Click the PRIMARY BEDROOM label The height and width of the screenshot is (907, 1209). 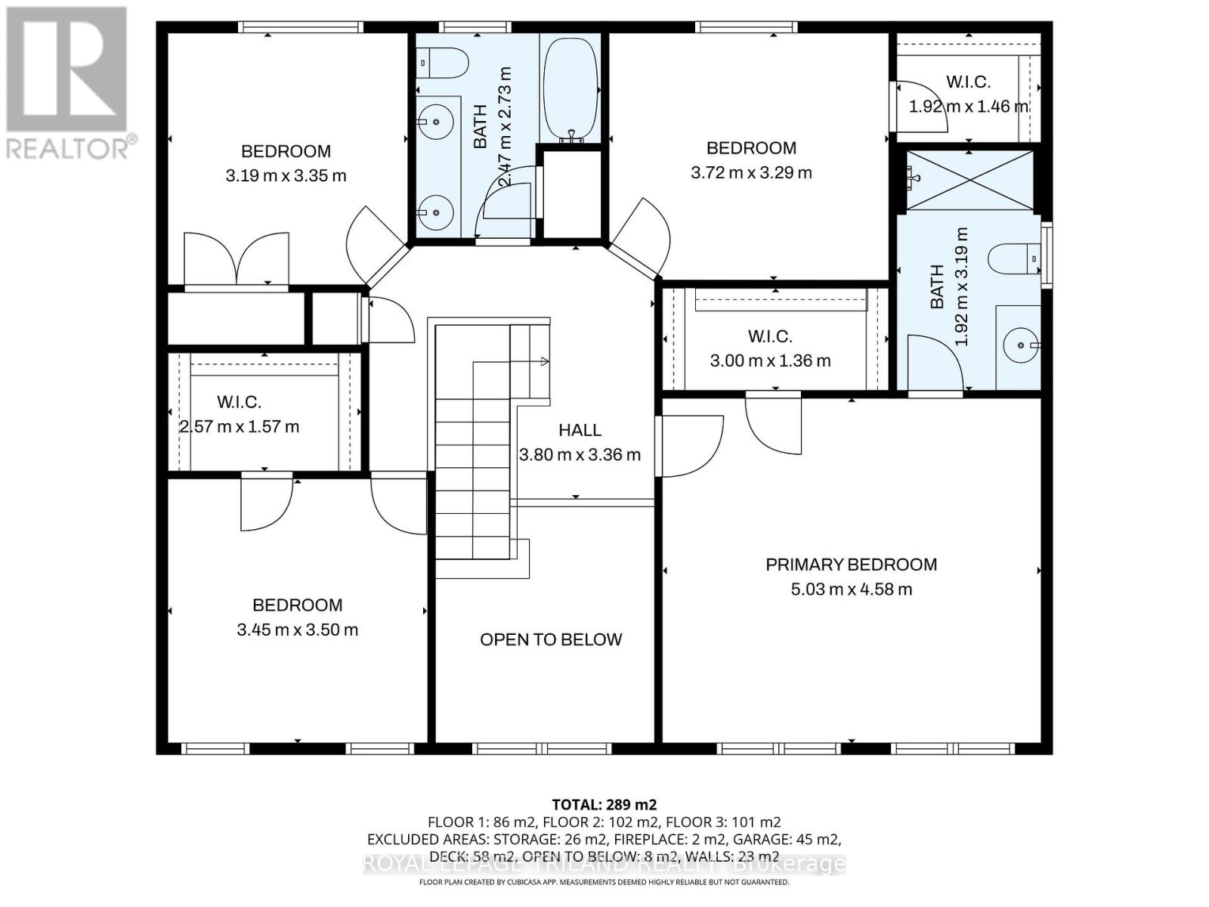[851, 565]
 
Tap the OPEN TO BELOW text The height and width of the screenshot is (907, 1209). [551, 639]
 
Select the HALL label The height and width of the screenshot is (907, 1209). [580, 430]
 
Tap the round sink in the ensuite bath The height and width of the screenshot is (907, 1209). [1021, 345]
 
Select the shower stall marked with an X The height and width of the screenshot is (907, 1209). [969, 180]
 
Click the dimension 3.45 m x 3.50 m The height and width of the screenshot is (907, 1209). [297, 630]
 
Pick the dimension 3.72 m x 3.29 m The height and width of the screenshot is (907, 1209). [751, 172]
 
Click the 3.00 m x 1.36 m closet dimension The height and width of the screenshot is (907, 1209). [770, 361]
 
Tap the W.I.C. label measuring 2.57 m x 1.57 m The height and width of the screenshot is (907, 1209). [239, 402]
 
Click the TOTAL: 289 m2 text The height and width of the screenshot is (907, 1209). [604, 804]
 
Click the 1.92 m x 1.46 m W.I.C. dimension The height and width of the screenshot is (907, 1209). [968, 107]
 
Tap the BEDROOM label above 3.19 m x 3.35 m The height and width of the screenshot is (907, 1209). [286, 151]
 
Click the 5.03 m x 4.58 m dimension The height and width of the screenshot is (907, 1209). [851, 589]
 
